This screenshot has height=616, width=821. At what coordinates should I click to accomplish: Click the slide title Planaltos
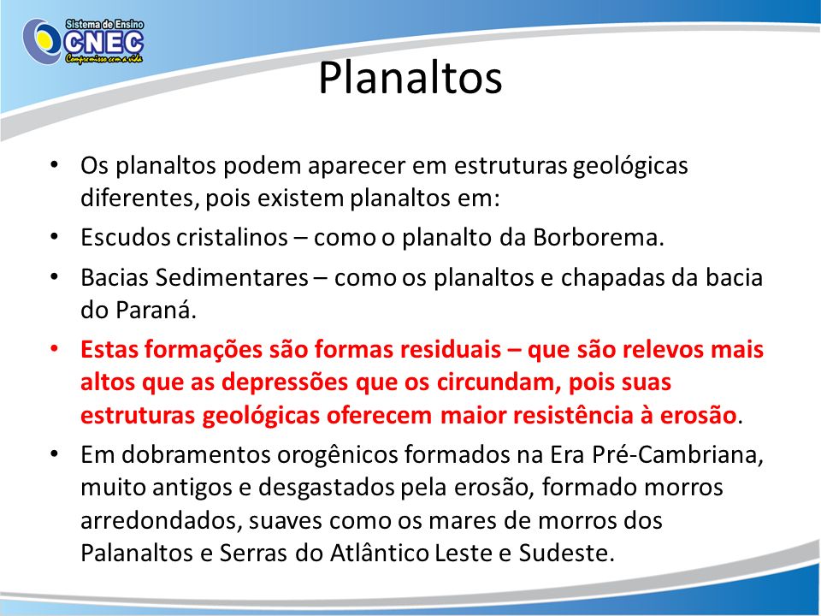pos(410,78)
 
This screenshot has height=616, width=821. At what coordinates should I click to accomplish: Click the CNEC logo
pos(83,41)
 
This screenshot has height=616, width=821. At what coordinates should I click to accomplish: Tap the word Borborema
pos(599,237)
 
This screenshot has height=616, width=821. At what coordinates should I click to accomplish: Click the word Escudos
pos(125,237)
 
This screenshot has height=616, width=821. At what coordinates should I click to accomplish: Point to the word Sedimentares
pos(232,277)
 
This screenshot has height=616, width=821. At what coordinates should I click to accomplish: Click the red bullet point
pos(54,349)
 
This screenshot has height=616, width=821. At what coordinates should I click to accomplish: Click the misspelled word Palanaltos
pos(137,554)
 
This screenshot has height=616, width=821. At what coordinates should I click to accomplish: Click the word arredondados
pos(162,521)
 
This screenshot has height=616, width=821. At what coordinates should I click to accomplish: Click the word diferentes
pos(139,198)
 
